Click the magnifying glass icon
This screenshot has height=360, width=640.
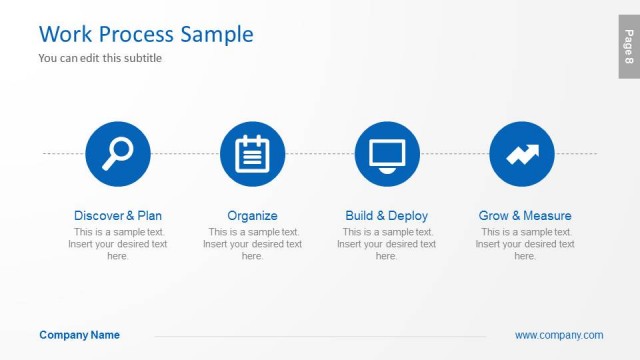point(118,153)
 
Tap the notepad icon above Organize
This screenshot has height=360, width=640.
point(252,153)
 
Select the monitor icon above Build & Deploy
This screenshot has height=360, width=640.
point(387,153)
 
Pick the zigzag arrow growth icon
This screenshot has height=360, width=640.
point(522,153)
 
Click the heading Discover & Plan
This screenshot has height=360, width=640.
point(118,215)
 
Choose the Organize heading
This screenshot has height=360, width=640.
point(252,215)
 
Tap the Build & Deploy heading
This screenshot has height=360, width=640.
point(386,215)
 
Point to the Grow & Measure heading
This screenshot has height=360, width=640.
point(525,215)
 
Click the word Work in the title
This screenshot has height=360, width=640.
point(65,34)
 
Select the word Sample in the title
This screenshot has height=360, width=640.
point(217,34)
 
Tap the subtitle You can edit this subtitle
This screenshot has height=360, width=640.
point(100,58)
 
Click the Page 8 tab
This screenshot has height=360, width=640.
point(628,47)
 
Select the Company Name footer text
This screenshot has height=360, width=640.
point(79,335)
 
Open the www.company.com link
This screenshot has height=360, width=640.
point(559,335)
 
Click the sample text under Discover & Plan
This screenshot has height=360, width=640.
point(118,244)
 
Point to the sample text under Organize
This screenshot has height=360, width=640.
point(252,244)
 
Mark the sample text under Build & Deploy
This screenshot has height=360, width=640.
point(386,244)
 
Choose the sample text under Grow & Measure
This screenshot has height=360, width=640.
point(525,244)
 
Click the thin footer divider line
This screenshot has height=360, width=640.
point(320,336)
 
